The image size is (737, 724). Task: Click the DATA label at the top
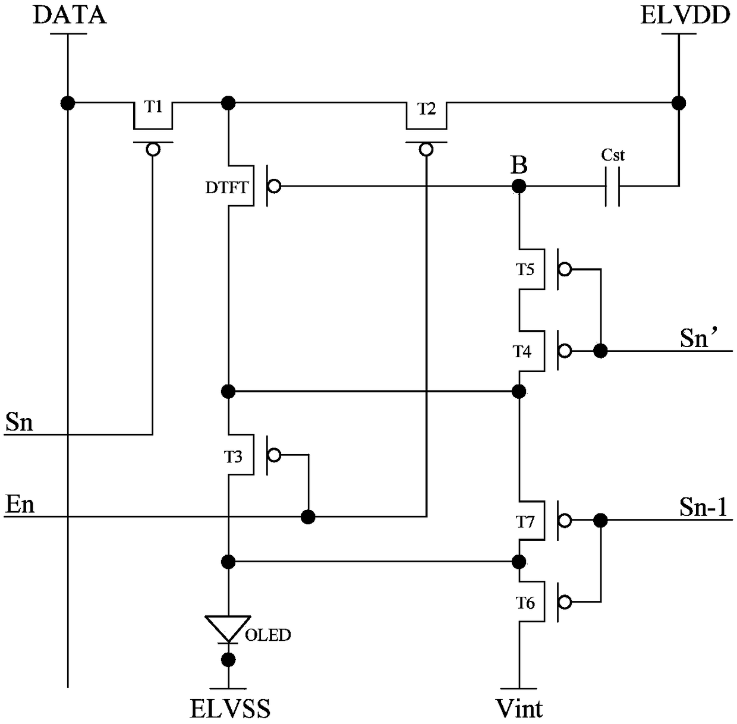pyautogui.click(x=70, y=15)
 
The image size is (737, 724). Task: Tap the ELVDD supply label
pyautogui.click(x=685, y=15)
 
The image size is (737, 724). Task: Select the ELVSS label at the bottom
pyautogui.click(x=230, y=709)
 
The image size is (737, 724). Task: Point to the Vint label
pyautogui.click(x=519, y=709)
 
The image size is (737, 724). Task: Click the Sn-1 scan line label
pyautogui.click(x=703, y=508)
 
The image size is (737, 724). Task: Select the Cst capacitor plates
pyautogui.click(x=612, y=187)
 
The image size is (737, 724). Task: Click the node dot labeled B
pyautogui.click(x=519, y=187)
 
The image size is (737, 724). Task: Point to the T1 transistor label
pyautogui.click(x=153, y=107)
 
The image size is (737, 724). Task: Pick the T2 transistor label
pyautogui.click(x=426, y=109)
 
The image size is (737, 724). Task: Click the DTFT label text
pyautogui.click(x=227, y=187)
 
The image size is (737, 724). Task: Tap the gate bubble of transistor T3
pyautogui.click(x=274, y=455)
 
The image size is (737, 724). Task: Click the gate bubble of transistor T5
pyautogui.click(x=565, y=269)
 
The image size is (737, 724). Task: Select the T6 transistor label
pyautogui.click(x=525, y=603)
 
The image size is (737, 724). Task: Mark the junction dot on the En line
pyautogui.click(x=308, y=517)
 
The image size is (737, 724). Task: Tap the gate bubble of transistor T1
pyautogui.click(x=153, y=150)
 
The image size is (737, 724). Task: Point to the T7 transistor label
pyautogui.click(x=525, y=522)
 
